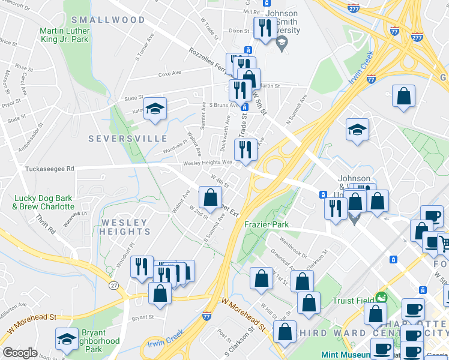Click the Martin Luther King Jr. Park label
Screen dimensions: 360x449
(x=64, y=35)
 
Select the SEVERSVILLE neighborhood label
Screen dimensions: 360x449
(x=128, y=139)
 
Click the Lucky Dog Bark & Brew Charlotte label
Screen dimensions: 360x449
(x=43, y=202)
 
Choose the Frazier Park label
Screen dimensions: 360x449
(x=267, y=224)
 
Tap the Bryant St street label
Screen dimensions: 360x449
(x=143, y=317)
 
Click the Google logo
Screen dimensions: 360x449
(x=20, y=353)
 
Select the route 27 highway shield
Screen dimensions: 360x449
(x=114, y=286)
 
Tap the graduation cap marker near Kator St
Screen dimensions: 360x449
(x=155, y=109)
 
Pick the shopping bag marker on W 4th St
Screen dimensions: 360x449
(x=210, y=197)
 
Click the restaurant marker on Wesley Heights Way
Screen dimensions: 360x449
(x=245, y=150)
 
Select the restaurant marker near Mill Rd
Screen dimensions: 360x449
(x=264, y=28)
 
